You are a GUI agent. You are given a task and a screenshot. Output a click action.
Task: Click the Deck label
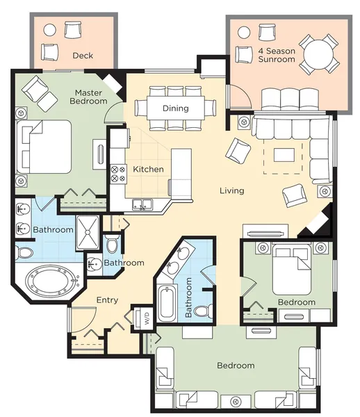83,56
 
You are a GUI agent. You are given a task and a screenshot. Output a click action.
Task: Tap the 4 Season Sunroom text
277,55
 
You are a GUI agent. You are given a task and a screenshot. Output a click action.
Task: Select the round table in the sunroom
319,54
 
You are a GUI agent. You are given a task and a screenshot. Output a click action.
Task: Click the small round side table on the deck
50,31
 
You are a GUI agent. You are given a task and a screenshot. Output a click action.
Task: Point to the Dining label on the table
175,108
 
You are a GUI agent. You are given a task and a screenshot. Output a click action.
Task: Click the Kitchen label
148,169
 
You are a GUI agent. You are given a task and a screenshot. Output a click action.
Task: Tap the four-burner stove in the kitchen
118,174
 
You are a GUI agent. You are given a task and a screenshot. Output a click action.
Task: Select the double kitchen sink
142,205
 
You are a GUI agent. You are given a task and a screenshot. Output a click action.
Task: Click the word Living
232,190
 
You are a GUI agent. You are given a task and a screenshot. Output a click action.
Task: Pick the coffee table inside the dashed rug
284,155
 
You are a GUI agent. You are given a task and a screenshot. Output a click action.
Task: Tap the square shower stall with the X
88,233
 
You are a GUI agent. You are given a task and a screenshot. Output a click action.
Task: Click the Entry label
107,300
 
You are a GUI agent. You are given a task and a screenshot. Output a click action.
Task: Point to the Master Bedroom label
88,97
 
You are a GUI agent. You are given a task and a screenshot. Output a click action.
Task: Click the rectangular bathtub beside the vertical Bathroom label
167,303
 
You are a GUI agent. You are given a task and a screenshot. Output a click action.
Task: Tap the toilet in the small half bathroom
112,244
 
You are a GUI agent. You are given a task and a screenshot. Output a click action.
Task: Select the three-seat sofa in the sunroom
290,99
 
